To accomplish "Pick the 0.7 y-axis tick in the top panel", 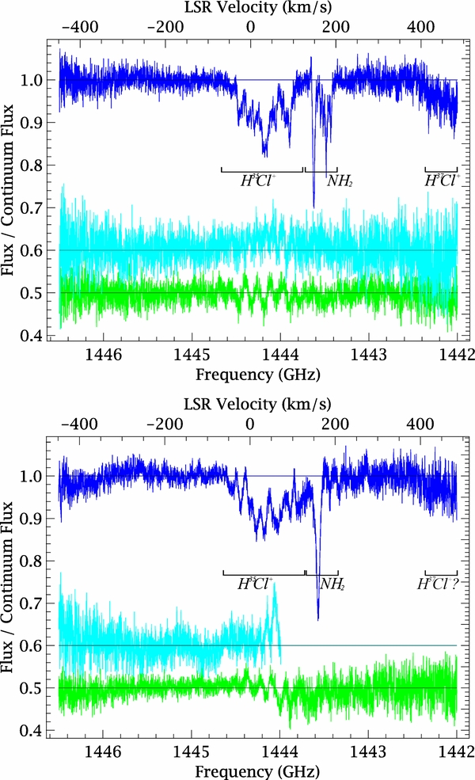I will coord(36,208).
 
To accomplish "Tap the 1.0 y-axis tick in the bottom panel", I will coord(36,476).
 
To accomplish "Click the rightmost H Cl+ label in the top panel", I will coord(440,181).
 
